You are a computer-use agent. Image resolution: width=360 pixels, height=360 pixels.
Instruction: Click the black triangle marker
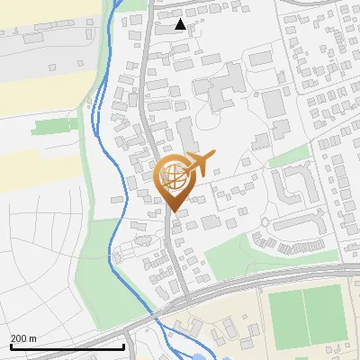click(181, 24)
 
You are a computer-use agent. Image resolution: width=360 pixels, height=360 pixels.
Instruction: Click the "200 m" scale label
click(23, 337)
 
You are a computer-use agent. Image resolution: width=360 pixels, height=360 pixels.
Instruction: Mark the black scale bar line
click(67, 346)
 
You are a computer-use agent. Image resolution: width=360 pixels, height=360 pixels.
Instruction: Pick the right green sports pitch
click(324, 314)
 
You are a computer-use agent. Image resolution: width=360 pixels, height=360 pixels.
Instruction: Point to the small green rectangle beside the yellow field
click(54, 127)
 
